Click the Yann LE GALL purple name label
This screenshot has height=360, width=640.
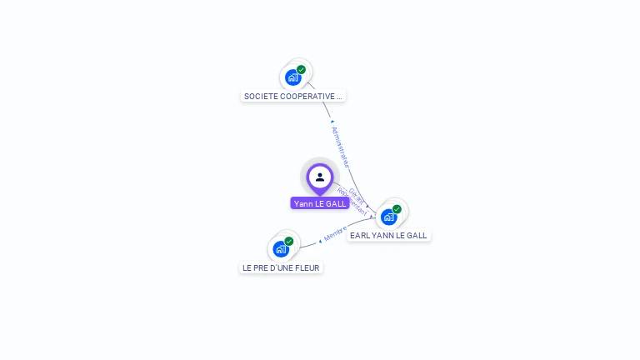tap(320, 203)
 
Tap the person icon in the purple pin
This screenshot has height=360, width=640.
tap(320, 177)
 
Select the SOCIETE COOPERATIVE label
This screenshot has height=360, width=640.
tap(292, 96)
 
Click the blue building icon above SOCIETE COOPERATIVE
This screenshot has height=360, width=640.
tap(292, 77)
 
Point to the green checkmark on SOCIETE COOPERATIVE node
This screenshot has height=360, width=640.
tap(301, 70)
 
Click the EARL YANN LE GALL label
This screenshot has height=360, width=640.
tap(388, 236)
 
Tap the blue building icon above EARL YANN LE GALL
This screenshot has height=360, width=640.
tap(388, 217)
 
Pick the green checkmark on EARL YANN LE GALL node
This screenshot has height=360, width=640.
tap(397, 209)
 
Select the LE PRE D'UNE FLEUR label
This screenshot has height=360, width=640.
tap(281, 267)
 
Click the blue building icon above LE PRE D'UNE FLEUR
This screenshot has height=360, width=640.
tap(281, 248)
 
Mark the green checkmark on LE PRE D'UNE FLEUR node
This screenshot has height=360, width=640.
tap(289, 241)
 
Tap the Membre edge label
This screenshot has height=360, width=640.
tap(335, 233)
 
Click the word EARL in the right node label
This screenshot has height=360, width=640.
tap(359, 236)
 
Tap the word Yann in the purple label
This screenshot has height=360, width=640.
tap(303, 203)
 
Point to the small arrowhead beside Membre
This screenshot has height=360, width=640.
tap(320, 241)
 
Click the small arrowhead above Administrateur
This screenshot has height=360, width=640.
tap(332, 122)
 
